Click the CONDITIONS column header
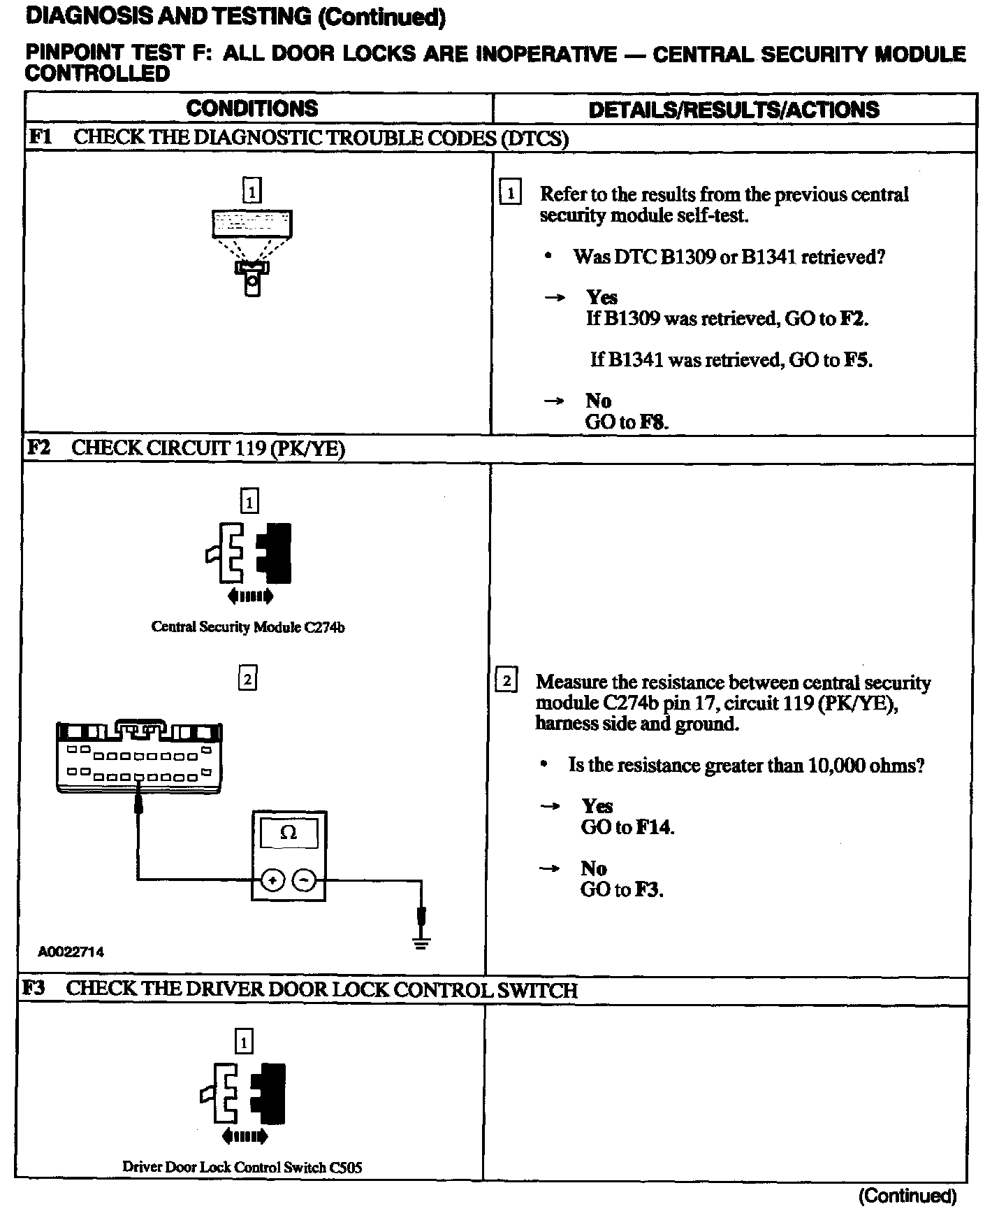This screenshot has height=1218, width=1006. [x=252, y=108]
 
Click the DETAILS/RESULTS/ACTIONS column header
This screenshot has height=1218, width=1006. [x=734, y=110]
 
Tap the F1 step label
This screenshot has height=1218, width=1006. [x=40, y=137]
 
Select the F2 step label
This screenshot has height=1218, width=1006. [x=38, y=447]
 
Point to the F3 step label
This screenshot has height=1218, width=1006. [x=34, y=989]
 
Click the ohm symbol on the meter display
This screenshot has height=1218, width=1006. [x=288, y=833]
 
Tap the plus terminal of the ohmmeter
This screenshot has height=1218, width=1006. [x=272, y=881]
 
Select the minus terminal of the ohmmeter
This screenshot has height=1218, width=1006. [x=304, y=881]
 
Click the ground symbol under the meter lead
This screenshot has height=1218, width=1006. [x=421, y=943]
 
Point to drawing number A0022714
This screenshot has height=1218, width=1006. [x=71, y=952]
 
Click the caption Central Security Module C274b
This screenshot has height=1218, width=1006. [x=248, y=627]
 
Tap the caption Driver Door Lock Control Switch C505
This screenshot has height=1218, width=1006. [x=242, y=1167]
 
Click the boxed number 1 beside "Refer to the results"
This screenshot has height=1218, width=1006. [x=511, y=193]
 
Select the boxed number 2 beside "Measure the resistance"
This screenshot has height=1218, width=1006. [x=506, y=680]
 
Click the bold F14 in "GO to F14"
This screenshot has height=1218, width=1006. [x=655, y=828]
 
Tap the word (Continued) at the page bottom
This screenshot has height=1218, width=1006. [x=907, y=1196]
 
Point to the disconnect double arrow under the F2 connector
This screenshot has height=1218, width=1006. [x=250, y=596]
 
